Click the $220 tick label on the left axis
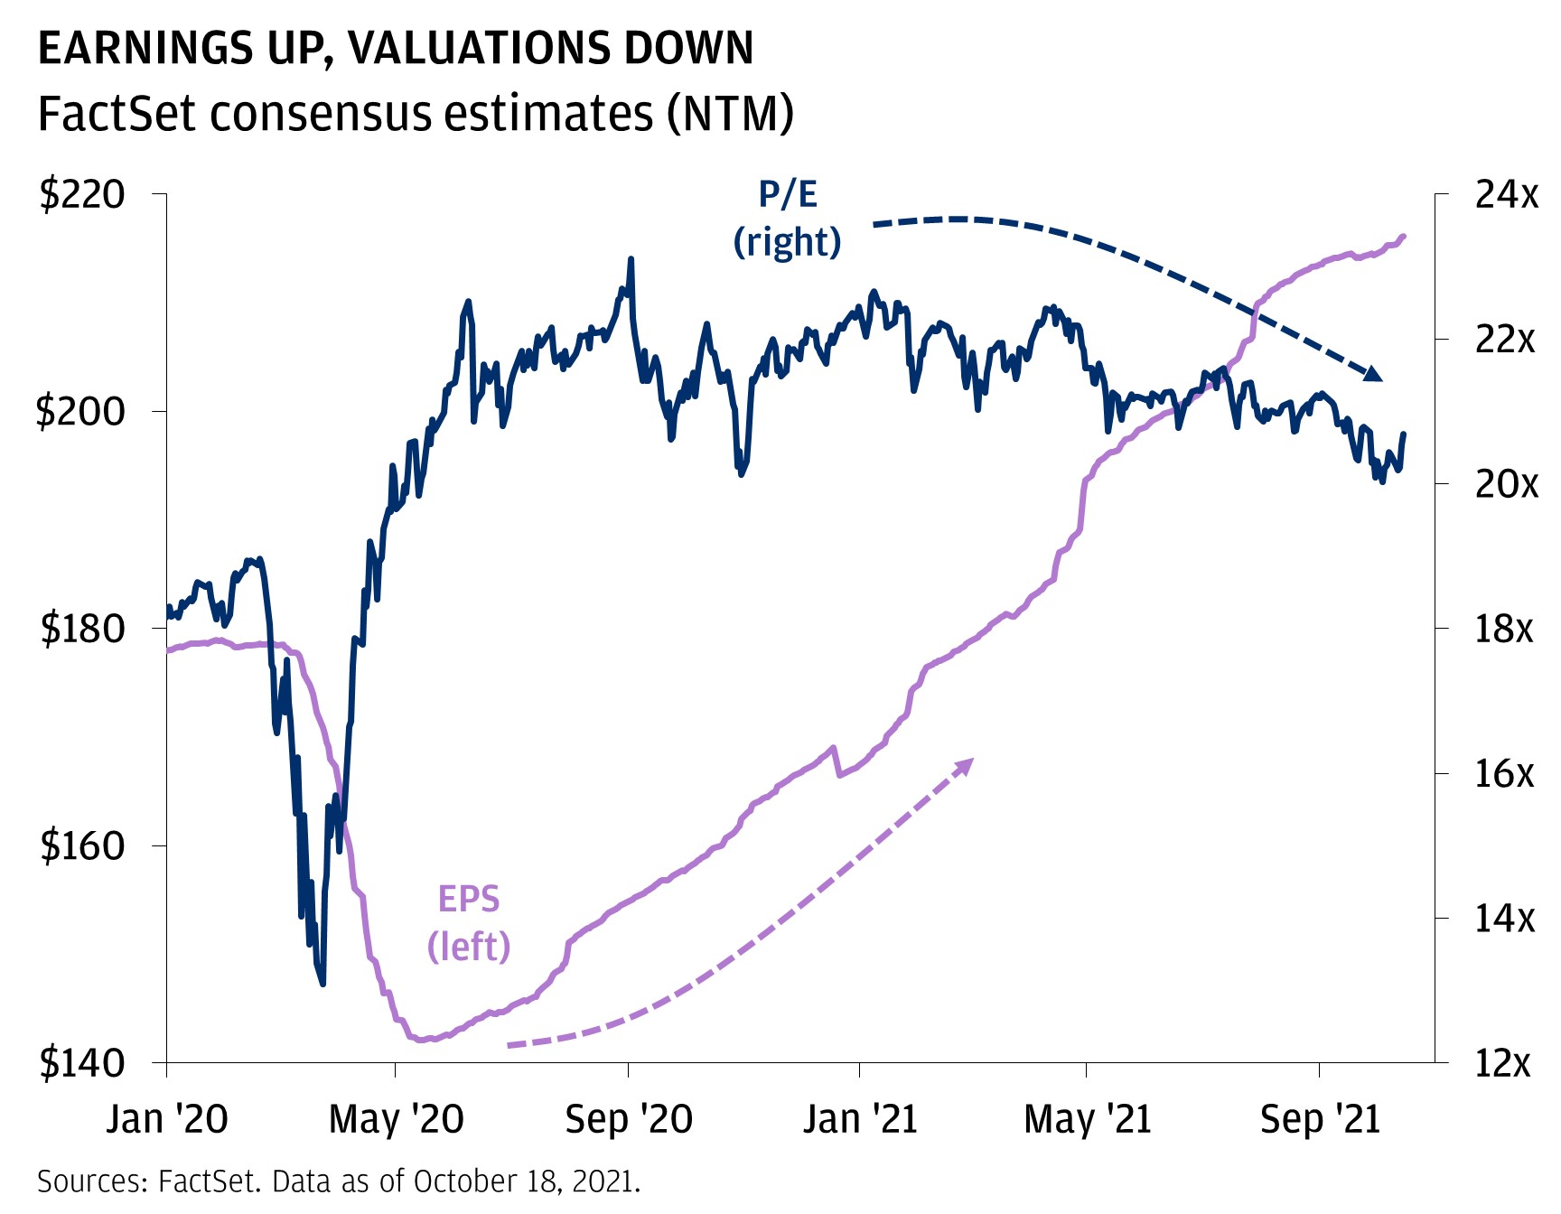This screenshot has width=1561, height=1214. tap(82, 195)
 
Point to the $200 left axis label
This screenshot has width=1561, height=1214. tap(79, 412)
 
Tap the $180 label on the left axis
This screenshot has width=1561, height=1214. tap(82, 629)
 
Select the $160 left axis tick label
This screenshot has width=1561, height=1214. tap(82, 846)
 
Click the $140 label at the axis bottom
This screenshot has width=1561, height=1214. tap(82, 1063)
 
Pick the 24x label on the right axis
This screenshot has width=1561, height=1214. tap(1506, 195)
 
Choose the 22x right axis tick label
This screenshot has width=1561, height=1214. tap(1505, 340)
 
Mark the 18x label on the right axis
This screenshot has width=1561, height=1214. tap(1504, 629)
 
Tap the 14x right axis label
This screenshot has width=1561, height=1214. tap(1505, 919)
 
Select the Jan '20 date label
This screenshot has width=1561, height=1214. tap(167, 1120)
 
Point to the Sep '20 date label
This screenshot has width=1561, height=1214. tap(629, 1120)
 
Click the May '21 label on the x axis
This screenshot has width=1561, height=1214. tap(1088, 1120)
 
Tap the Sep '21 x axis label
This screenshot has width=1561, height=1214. tap(1321, 1120)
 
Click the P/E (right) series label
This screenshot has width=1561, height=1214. tap(788, 219)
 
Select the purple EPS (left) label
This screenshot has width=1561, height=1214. tap(469, 923)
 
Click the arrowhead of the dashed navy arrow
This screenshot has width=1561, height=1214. tap(1372, 373)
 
